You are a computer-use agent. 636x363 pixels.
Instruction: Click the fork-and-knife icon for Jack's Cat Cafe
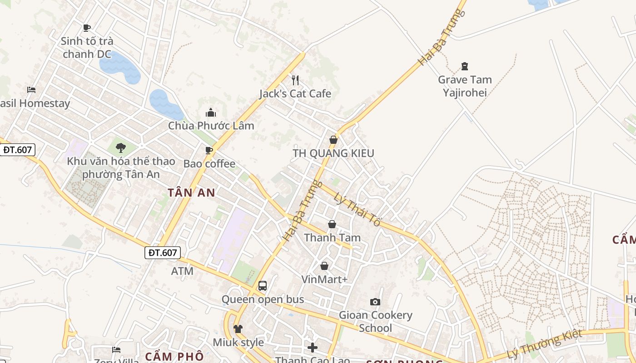pyautogui.click(x=295, y=80)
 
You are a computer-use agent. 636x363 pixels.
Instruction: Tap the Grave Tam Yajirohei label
pyautogui.click(x=465, y=86)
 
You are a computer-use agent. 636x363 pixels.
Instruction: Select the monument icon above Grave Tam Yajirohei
pyautogui.click(x=465, y=67)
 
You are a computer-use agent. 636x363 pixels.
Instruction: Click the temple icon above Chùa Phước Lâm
pyautogui.click(x=211, y=113)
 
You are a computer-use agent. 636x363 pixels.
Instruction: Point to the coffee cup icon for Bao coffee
pyautogui.click(x=209, y=150)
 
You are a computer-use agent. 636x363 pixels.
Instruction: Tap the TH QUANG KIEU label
pyautogui.click(x=333, y=153)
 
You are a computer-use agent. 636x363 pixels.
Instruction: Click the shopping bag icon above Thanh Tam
pyautogui.click(x=332, y=224)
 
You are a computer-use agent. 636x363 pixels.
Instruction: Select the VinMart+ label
pyautogui.click(x=324, y=279)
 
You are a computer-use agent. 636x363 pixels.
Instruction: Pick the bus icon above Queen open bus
pyautogui.click(x=263, y=286)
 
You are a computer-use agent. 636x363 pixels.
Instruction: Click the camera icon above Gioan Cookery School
pyautogui.click(x=375, y=302)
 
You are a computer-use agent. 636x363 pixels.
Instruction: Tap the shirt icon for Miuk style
pyautogui.click(x=238, y=329)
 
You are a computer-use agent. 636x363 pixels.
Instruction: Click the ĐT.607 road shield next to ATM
pyautogui.click(x=163, y=253)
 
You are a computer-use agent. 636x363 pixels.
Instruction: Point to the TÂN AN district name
pyautogui.click(x=191, y=192)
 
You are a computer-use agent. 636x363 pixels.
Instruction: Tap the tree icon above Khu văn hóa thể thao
pyautogui.click(x=120, y=147)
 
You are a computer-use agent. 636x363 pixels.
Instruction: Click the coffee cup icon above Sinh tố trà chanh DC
pyautogui.click(x=87, y=28)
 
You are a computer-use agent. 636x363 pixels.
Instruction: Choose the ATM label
pyautogui.click(x=182, y=271)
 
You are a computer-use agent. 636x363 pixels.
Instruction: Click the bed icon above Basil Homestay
pyautogui.click(x=31, y=90)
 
